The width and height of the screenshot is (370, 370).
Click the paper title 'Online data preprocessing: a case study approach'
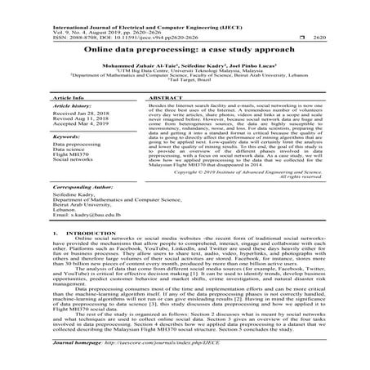(185, 51)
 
